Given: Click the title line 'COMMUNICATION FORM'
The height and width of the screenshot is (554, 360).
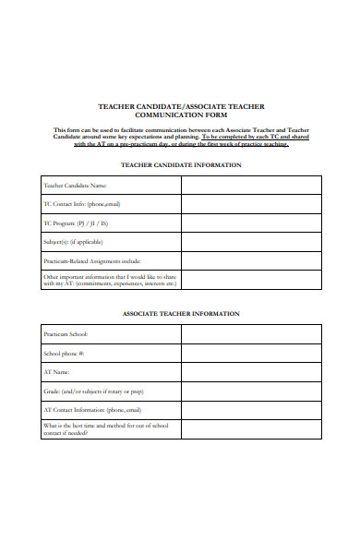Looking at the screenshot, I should tap(181, 116).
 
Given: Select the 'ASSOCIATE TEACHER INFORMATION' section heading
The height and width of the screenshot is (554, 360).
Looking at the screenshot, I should tap(181, 313).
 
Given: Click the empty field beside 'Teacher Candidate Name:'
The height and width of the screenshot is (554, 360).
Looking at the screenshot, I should tap(251, 186).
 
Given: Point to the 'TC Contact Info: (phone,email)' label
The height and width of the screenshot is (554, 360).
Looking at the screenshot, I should tap(82, 204).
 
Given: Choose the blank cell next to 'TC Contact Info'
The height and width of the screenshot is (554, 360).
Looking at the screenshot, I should tap(251, 204).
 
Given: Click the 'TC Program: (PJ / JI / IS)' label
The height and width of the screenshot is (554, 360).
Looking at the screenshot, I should tap(76, 223).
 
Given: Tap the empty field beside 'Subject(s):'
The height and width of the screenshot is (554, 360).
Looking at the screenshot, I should tap(251, 242).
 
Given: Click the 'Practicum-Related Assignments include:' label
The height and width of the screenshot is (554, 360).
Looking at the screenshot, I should tap(91, 260).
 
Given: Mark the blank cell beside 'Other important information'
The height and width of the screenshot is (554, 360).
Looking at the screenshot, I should tap(251, 280).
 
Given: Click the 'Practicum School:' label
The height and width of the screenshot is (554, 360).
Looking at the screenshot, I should tap(66, 334).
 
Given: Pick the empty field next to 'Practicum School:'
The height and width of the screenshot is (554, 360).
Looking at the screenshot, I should tap(251, 334).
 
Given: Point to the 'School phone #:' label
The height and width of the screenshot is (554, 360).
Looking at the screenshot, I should tap(64, 353).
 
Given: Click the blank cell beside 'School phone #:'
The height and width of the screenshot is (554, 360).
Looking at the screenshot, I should tap(251, 353).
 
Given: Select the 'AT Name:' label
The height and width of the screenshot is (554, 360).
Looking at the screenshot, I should tap(57, 372).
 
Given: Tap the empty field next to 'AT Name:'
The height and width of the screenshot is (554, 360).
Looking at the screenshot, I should tap(251, 372).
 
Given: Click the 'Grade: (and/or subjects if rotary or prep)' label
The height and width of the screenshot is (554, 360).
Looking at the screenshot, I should tap(93, 391).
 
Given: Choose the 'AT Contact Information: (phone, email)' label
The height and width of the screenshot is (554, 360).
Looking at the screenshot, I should tap(92, 409).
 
